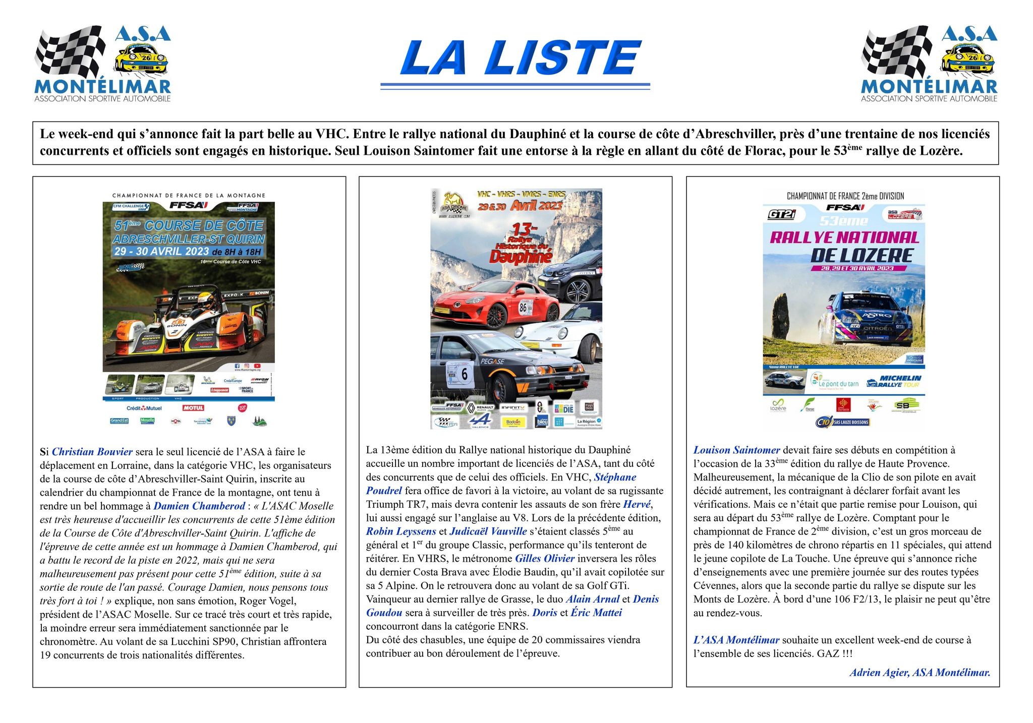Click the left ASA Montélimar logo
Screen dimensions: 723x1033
(x=102, y=64)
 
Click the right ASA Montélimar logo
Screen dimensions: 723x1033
(x=929, y=64)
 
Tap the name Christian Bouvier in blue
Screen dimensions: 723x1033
(x=92, y=452)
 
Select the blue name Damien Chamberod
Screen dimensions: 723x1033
(x=199, y=506)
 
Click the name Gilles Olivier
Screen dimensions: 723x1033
(x=545, y=558)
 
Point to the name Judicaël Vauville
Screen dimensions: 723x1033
(x=488, y=531)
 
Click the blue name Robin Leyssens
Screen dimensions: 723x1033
(x=401, y=531)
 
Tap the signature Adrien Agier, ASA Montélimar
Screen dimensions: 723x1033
(x=920, y=672)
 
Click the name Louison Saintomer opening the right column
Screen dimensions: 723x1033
(x=736, y=450)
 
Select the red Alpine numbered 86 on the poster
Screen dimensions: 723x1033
(x=497, y=305)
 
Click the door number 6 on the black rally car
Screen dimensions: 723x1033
(x=464, y=375)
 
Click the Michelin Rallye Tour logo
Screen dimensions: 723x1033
(x=894, y=381)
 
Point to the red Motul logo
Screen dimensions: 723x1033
(x=193, y=408)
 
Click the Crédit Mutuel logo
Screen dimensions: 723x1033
(x=144, y=408)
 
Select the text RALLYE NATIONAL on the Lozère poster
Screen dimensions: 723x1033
(x=844, y=237)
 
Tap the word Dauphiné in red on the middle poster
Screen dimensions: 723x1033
(x=521, y=257)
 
